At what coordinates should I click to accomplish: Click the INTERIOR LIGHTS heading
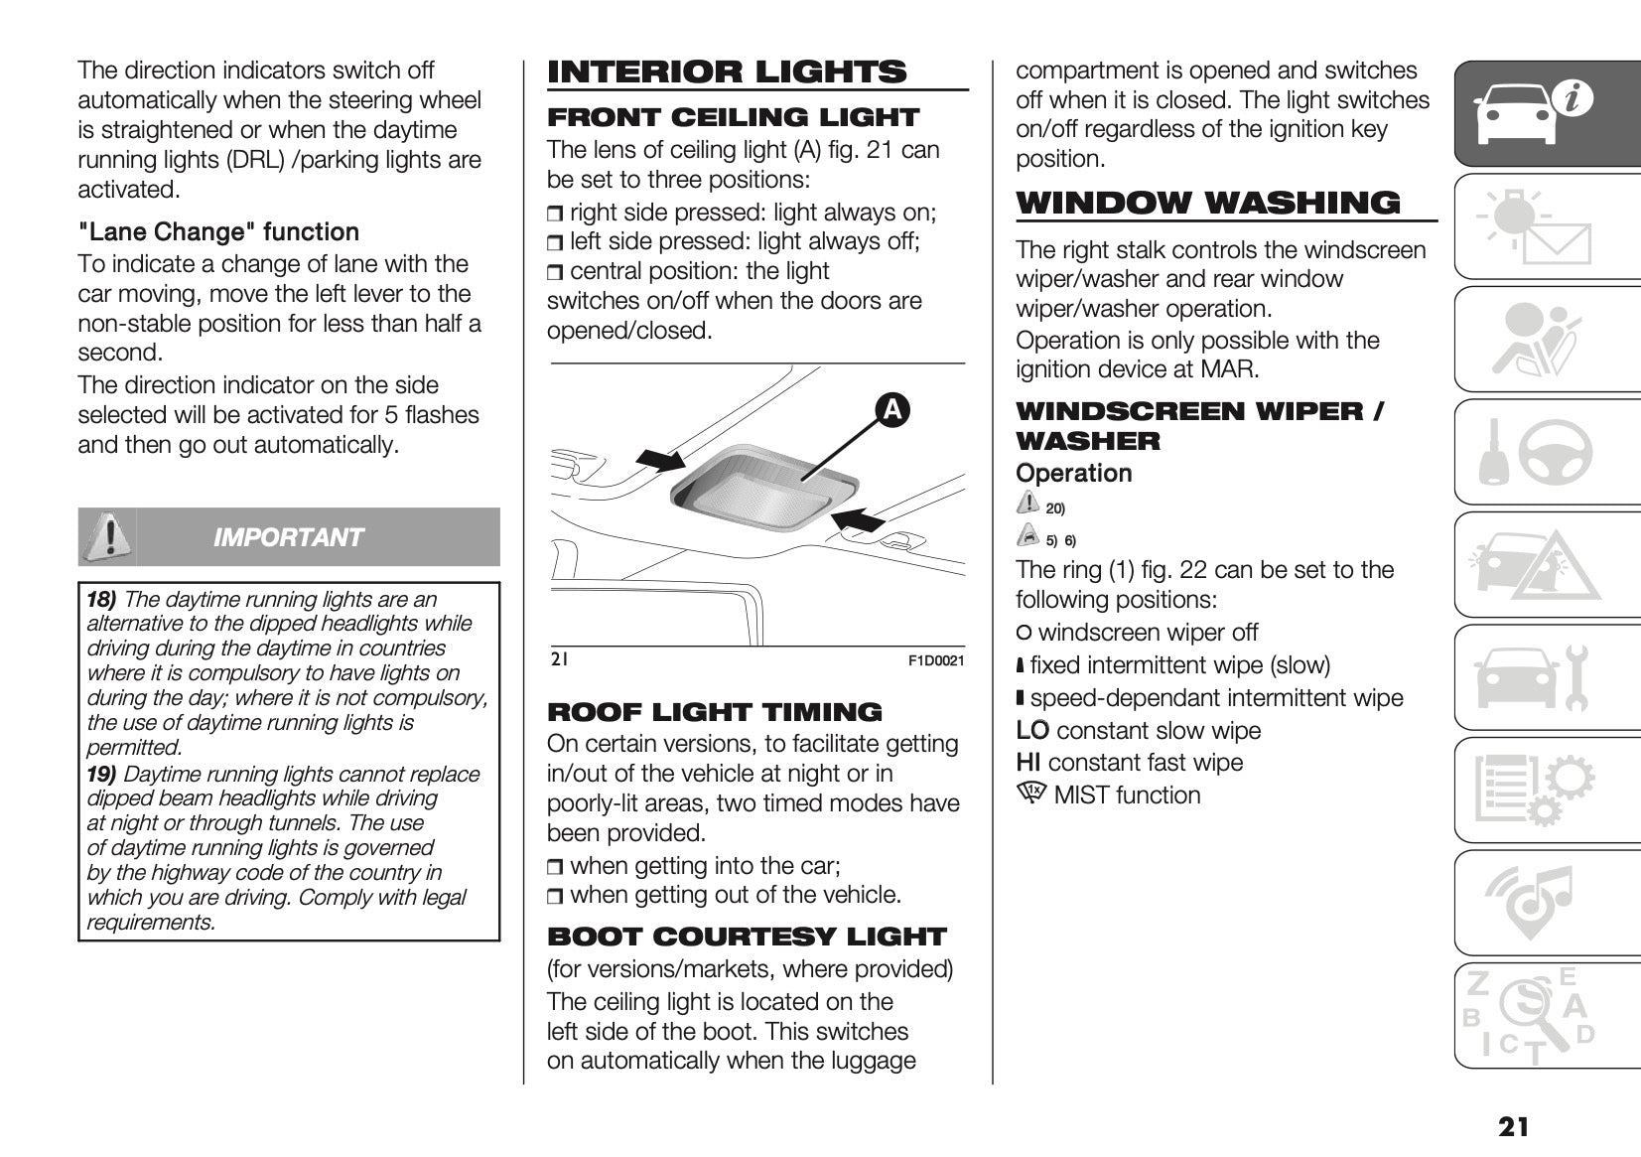click(x=727, y=72)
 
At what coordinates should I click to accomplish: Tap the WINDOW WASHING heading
click(x=1207, y=203)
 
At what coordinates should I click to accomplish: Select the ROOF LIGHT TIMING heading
click(x=714, y=712)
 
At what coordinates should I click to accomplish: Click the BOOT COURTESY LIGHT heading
click(x=747, y=937)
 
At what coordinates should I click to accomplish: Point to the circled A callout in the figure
click(x=891, y=409)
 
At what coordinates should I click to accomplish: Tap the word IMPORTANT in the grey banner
click(x=288, y=537)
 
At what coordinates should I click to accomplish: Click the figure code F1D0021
click(x=936, y=660)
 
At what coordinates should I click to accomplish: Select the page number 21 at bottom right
click(x=1514, y=1126)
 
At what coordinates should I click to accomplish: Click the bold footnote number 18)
click(x=101, y=599)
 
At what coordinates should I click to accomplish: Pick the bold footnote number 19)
click(x=101, y=774)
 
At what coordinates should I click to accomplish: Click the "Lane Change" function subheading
click(x=218, y=232)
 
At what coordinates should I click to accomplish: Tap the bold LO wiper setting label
click(x=1031, y=731)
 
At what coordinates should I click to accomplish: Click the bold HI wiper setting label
click(x=1027, y=763)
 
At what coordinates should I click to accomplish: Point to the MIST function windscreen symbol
click(x=1031, y=794)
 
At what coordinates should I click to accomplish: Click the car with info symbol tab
click(x=1529, y=112)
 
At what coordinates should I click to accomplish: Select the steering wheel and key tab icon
click(x=1529, y=452)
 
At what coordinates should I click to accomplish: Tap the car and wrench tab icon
click(x=1529, y=678)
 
